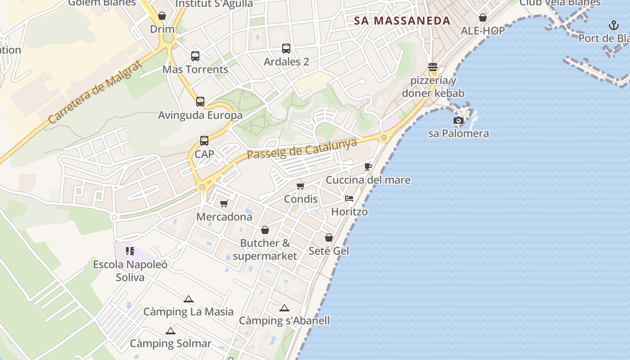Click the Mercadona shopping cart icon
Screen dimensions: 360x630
click(x=224, y=203)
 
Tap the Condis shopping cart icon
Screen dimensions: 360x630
click(x=301, y=186)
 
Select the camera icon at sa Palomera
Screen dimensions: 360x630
click(x=459, y=120)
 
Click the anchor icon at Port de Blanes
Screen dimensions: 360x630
click(x=613, y=25)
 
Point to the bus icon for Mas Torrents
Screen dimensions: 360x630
click(x=195, y=56)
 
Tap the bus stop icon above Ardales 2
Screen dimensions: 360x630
click(x=286, y=49)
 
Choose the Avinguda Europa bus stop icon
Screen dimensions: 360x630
click(x=200, y=102)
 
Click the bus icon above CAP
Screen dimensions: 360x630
click(x=204, y=141)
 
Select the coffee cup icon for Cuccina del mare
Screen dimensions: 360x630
click(x=368, y=167)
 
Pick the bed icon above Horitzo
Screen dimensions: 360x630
click(x=349, y=198)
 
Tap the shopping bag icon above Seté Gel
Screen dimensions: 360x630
click(x=329, y=237)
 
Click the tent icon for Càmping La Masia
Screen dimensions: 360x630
click(x=189, y=299)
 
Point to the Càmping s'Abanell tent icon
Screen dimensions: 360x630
click(x=284, y=308)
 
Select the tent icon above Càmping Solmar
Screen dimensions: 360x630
click(x=170, y=331)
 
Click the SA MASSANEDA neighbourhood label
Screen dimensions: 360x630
click(x=402, y=21)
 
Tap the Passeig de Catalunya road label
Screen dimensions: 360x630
click(x=301, y=149)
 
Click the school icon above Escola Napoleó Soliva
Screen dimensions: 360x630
click(x=130, y=251)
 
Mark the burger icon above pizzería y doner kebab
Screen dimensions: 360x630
click(x=433, y=67)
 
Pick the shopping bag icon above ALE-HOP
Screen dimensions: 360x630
click(x=483, y=18)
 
